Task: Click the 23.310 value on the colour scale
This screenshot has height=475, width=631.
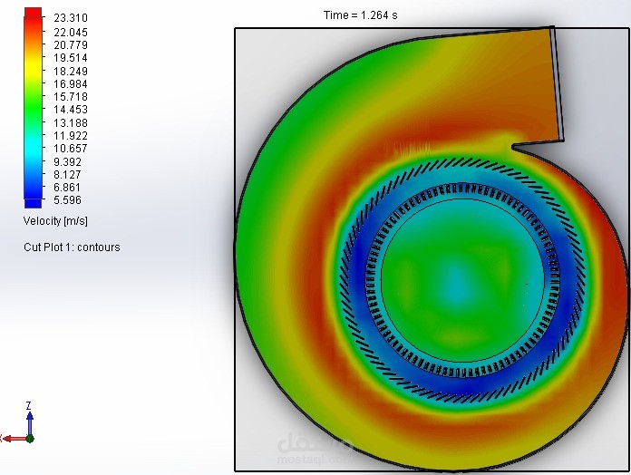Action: click(x=71, y=18)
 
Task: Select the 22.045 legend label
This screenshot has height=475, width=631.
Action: click(x=71, y=32)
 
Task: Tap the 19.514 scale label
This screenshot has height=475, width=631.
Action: click(x=71, y=57)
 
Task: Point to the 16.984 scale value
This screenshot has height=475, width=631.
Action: click(x=71, y=83)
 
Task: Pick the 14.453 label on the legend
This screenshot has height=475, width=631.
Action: click(x=71, y=110)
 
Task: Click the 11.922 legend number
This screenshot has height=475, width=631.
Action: click(x=71, y=136)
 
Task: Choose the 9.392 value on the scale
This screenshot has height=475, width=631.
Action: click(x=67, y=161)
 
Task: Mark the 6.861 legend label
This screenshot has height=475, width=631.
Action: click(x=67, y=187)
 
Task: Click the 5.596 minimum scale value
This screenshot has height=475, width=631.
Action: click(x=67, y=200)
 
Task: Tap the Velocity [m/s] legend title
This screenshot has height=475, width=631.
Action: click(x=55, y=221)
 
